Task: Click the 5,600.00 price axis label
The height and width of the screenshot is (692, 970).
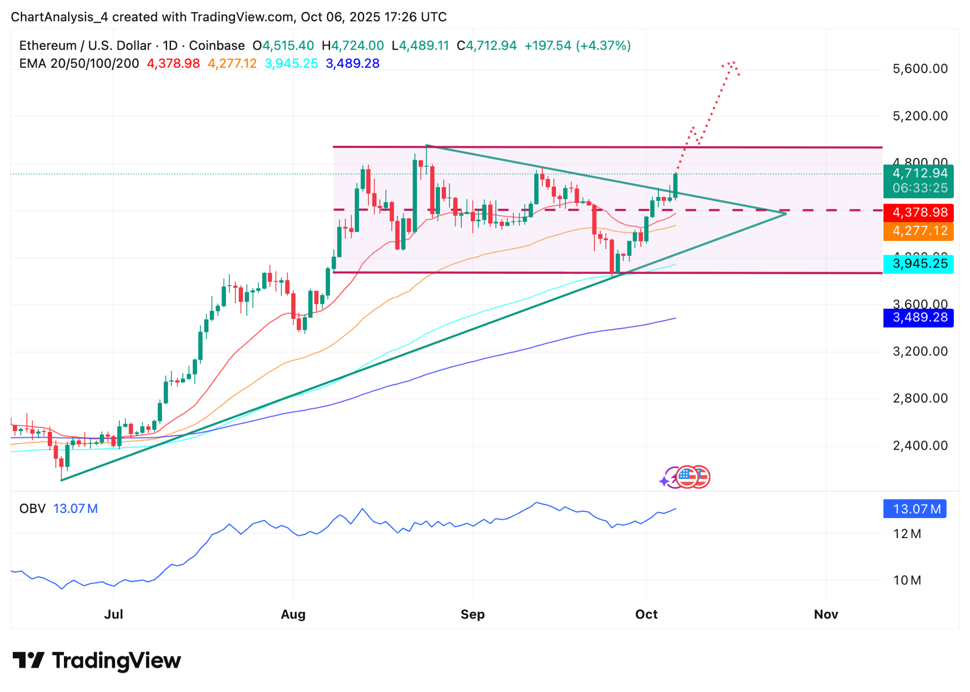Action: [x=920, y=69]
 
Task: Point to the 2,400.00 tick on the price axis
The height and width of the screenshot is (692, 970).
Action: [x=920, y=445]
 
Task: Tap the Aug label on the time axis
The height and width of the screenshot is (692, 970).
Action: [x=293, y=614]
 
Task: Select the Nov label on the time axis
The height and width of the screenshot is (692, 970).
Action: [x=826, y=614]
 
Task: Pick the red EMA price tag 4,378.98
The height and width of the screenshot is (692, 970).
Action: [x=918, y=212]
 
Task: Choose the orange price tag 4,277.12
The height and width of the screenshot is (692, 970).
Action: [x=918, y=231]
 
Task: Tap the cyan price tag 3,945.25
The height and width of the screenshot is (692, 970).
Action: [x=918, y=263]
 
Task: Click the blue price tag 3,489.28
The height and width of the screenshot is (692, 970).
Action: [x=918, y=317]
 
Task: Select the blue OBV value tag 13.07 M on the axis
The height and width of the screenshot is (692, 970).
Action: [x=915, y=509]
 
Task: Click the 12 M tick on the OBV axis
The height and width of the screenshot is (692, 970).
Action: [x=907, y=534]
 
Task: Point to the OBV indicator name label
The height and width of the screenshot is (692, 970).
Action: [x=32, y=509]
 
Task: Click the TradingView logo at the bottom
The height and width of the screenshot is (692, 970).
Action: [x=97, y=660]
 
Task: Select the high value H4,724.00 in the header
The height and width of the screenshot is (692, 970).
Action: [x=353, y=45]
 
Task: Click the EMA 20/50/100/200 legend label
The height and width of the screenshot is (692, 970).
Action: [x=79, y=63]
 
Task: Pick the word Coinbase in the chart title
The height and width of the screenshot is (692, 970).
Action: [x=216, y=45]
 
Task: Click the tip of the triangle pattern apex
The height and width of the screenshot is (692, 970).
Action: [x=785, y=214]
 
